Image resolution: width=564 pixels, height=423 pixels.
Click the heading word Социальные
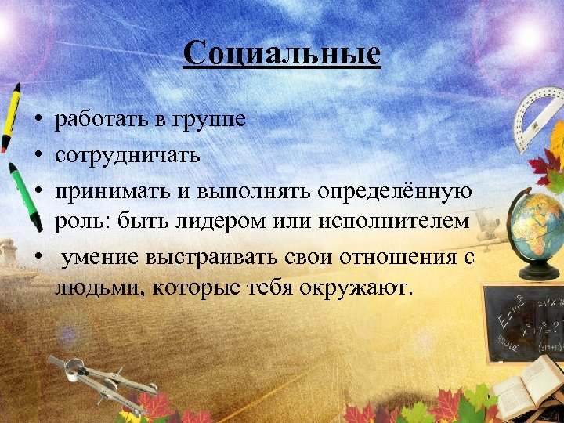pos(282,54)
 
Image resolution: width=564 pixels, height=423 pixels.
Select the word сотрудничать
pos(127,154)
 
